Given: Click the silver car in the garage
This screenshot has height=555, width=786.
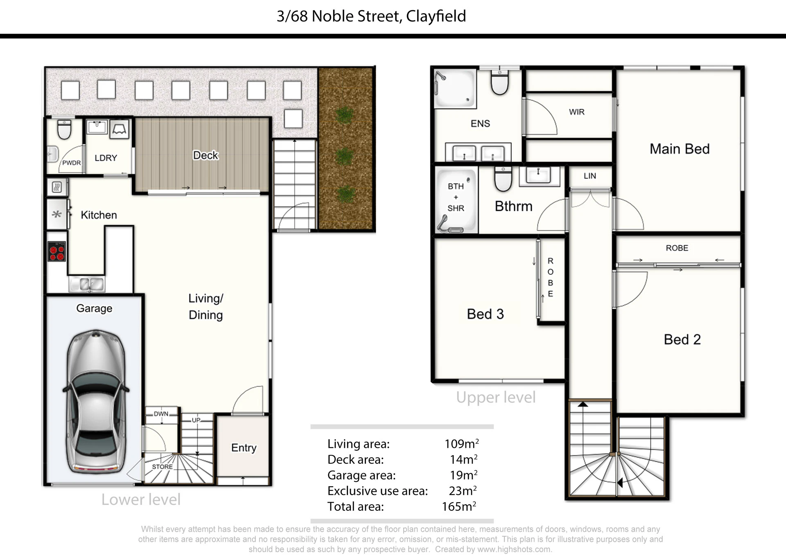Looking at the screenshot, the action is (x=96, y=402).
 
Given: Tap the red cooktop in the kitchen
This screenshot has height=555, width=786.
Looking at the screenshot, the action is (x=56, y=251).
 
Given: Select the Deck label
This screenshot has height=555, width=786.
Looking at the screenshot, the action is (x=206, y=155).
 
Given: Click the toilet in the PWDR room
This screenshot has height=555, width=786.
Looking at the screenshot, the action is (x=64, y=129).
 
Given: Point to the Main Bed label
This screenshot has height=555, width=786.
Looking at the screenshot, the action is (x=680, y=149).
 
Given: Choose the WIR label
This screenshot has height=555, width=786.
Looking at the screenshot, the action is (x=576, y=112).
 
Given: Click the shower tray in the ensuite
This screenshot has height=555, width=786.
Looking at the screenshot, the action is (x=455, y=88).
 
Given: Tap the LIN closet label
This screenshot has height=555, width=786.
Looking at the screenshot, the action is (x=589, y=176).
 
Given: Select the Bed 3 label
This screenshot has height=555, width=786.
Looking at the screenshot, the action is (x=485, y=314).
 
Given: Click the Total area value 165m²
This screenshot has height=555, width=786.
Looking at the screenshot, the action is (x=459, y=506).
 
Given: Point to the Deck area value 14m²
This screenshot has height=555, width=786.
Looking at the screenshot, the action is (x=463, y=459).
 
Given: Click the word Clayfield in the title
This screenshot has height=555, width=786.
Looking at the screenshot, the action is (x=436, y=16).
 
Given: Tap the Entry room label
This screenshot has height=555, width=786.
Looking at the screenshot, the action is (x=244, y=448).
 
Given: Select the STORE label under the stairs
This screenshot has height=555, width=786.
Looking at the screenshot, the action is (x=162, y=467).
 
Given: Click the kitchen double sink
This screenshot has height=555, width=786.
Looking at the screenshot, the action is (x=87, y=284).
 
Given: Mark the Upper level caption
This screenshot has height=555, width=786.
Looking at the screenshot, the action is (x=496, y=398).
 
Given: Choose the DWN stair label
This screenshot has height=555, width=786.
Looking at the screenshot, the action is (x=161, y=414).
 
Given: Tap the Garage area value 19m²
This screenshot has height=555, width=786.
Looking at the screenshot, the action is (x=463, y=475).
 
